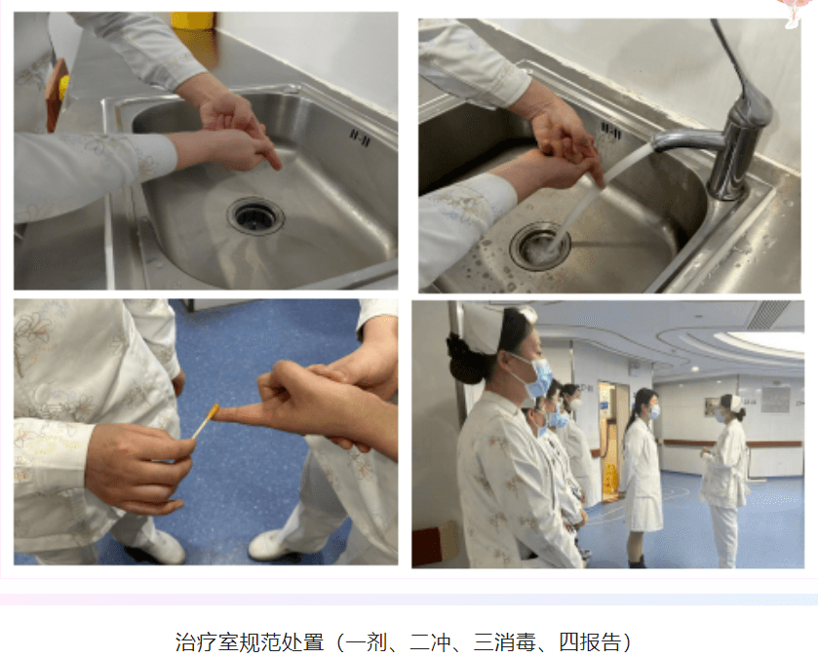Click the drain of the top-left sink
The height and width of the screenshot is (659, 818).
pos(255,215)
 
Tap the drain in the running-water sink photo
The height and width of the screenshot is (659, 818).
pos(539,246)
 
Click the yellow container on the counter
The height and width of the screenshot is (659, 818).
pos(192,20)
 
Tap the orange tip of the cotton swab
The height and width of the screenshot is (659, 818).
pos(213,412)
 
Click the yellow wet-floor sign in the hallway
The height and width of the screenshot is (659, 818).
pos(609,480)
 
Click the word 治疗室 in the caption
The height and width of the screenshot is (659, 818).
pos(207,642)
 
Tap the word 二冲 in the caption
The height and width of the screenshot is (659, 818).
pos(430,642)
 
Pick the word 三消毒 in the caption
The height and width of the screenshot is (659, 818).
pos(505,642)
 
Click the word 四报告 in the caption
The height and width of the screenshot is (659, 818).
pos(590,642)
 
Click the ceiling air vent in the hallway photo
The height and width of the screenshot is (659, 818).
pos(768,314)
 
